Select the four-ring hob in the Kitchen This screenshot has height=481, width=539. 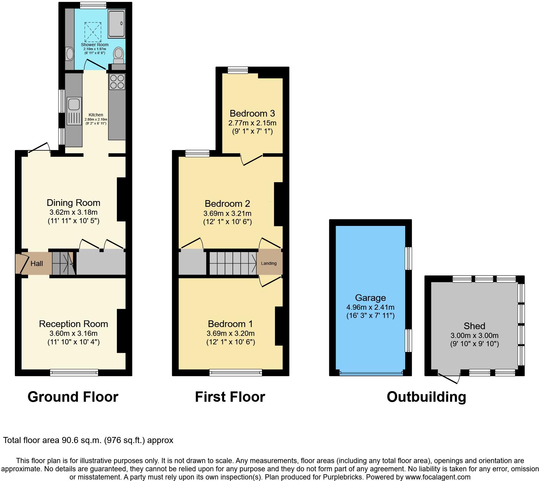click(x=117, y=81)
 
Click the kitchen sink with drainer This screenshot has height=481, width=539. click(x=74, y=111)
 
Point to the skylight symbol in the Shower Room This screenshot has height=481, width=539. click(x=93, y=32)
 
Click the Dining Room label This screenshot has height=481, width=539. click(x=73, y=203)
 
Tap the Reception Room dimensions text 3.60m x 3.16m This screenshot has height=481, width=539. click(x=73, y=333)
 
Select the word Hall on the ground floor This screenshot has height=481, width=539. click(x=37, y=264)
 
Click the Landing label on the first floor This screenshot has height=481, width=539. click(x=269, y=263)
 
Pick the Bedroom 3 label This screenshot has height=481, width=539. click(x=252, y=114)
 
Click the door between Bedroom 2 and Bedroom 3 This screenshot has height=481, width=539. click(x=252, y=160)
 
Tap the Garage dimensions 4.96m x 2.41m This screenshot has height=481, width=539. click(x=370, y=307)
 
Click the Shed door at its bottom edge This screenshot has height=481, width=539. click(x=449, y=377)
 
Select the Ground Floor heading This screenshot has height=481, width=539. click(x=73, y=397)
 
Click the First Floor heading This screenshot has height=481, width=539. click(x=230, y=397)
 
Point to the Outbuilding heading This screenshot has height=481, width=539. click(x=426, y=397)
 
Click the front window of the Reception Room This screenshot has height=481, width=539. click(x=74, y=373)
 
